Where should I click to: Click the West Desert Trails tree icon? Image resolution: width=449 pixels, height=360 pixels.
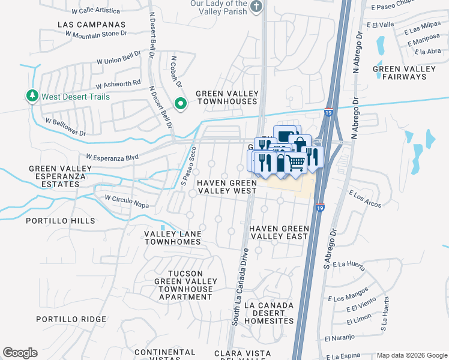[32, 96]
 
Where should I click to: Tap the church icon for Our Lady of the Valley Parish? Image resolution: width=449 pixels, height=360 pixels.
[256, 7]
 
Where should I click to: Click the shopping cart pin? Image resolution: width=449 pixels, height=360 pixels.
[294, 163]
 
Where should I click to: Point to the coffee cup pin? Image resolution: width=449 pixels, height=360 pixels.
[286, 135]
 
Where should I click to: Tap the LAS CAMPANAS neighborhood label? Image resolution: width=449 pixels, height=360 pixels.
[92, 25]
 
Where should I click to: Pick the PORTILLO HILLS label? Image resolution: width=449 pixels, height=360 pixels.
[60, 221]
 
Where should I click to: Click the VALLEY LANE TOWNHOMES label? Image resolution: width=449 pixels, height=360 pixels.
[172, 238]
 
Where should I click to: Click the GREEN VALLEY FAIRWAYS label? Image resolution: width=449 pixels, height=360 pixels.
[404, 73]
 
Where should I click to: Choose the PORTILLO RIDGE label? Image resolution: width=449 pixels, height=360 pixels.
[71, 319]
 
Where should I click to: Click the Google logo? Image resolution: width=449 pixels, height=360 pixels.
[20, 353]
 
